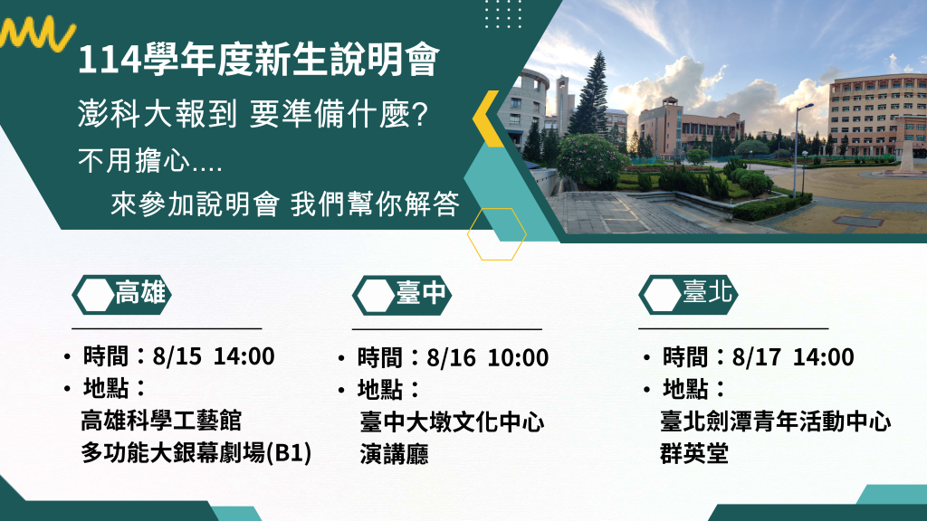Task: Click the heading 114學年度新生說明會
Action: [258, 60]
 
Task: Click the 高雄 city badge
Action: [121, 294]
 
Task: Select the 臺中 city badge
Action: [402, 295]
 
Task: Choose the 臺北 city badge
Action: [688, 294]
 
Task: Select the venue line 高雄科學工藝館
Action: [161, 421]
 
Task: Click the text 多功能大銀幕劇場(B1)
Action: [196, 453]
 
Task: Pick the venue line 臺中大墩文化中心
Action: [452, 422]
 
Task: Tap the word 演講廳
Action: [394, 454]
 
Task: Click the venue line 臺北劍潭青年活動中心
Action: [775, 422]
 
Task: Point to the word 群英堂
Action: [694, 454]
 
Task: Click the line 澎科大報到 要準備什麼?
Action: [253, 114]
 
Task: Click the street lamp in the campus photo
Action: [798, 147]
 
